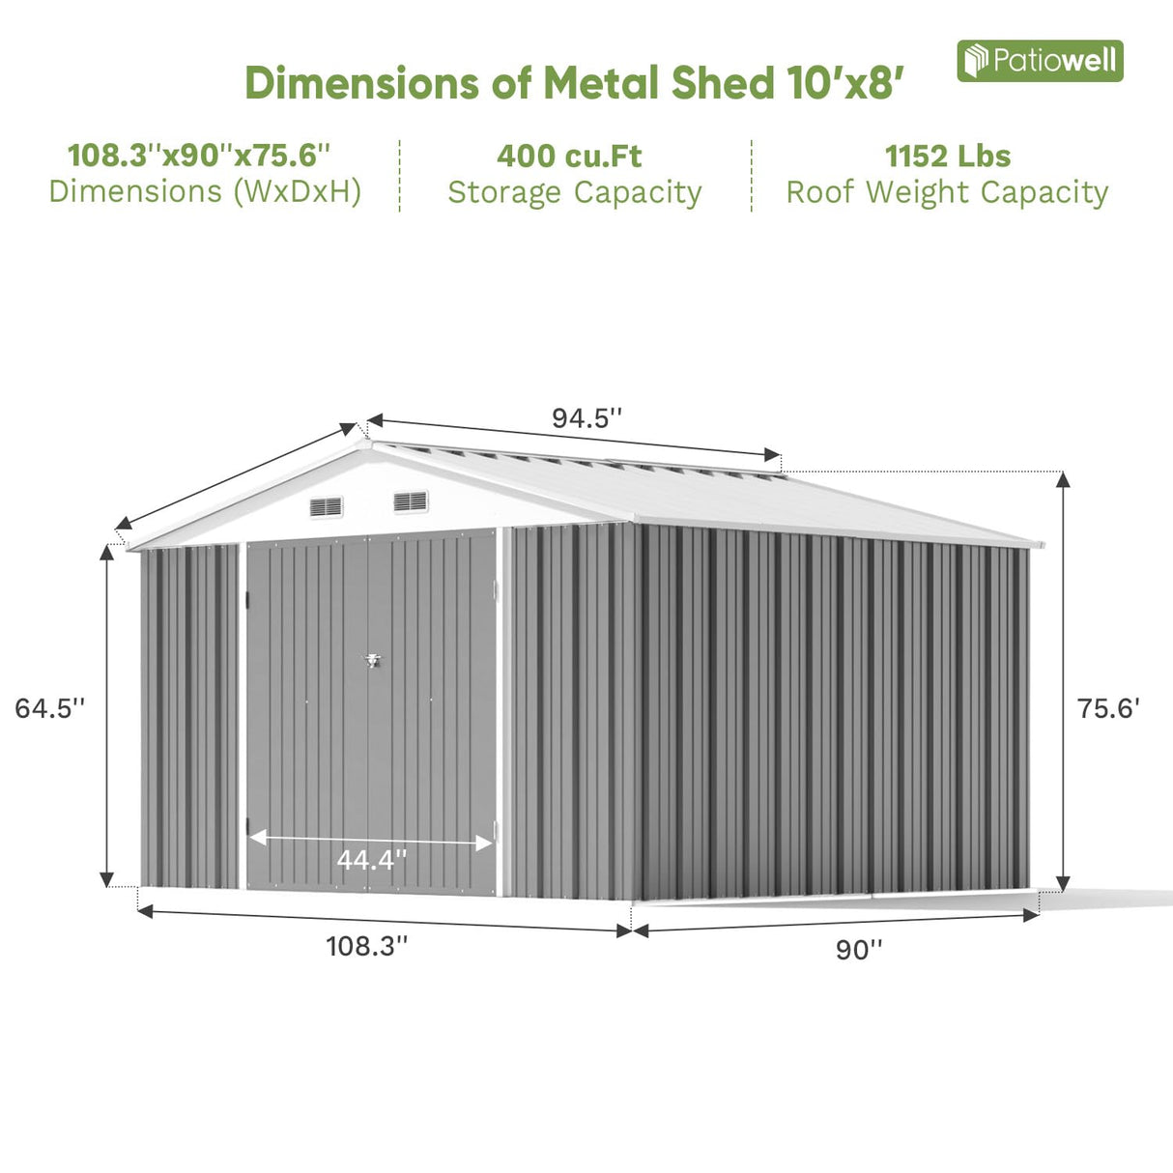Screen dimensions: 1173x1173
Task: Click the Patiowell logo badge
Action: click(1040, 61)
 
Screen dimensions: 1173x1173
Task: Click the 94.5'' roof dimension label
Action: click(586, 418)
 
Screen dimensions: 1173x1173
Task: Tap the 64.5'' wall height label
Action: click(50, 708)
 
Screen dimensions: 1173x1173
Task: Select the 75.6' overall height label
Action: click(1108, 708)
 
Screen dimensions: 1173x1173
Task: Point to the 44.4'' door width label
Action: click(371, 859)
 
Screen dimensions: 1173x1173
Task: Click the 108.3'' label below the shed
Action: click(366, 946)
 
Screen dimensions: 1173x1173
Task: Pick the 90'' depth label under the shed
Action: click(859, 950)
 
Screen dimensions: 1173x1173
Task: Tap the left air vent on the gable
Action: click(327, 506)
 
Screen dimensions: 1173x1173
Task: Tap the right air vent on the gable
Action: click(411, 501)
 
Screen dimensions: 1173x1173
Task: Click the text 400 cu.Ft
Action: click(569, 156)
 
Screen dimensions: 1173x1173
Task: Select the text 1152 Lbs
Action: click(947, 156)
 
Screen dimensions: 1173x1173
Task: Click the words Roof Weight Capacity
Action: click(947, 192)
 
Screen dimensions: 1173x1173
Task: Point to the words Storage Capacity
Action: click(574, 192)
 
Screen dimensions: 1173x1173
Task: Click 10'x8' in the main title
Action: click(844, 83)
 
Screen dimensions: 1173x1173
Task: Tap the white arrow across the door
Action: click(371, 840)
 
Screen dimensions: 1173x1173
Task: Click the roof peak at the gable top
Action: click(366, 444)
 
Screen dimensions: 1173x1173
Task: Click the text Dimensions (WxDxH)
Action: click(205, 191)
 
